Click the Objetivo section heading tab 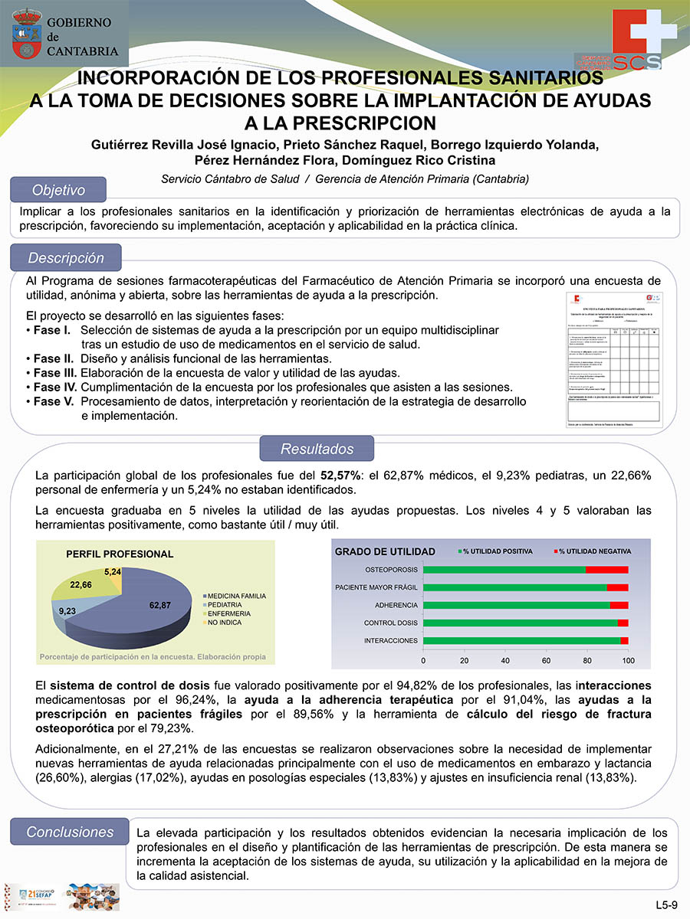(58, 190)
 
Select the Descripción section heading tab (66, 258)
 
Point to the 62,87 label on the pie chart (160, 606)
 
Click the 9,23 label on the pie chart (67, 612)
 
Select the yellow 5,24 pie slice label (113, 572)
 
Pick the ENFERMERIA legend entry (228, 613)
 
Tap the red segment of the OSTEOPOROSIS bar (606, 570)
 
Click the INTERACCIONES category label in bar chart (391, 640)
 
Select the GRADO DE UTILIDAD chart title (385, 551)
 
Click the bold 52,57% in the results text (342, 476)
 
